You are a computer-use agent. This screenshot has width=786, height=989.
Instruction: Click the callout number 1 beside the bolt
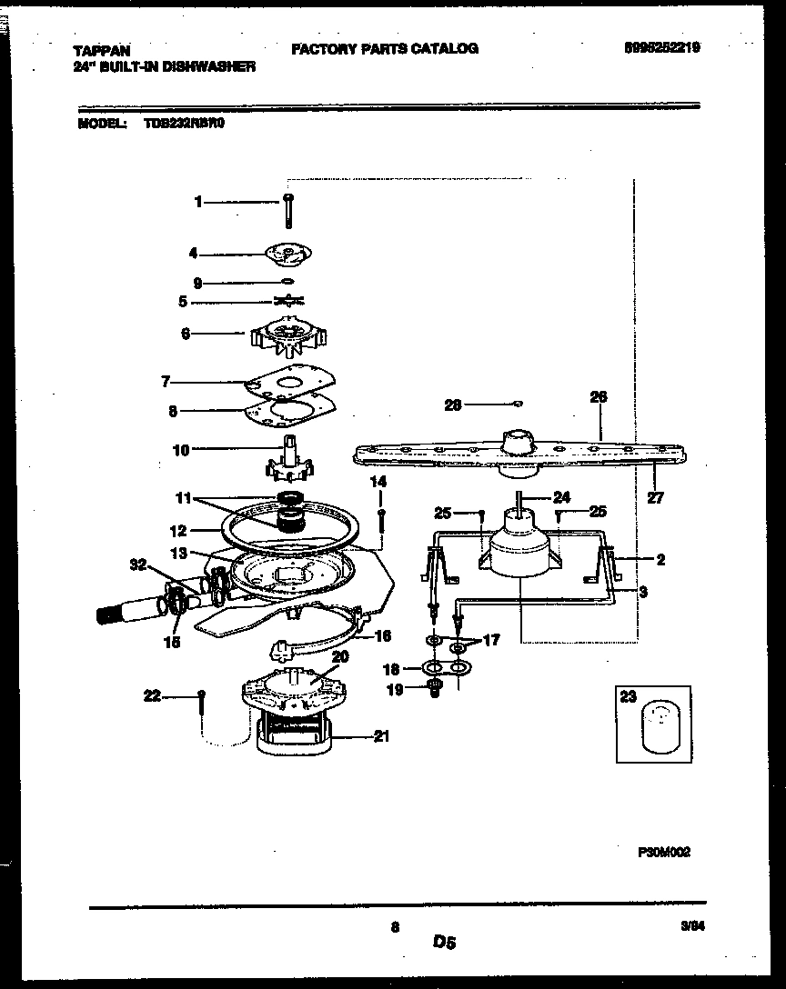(198, 203)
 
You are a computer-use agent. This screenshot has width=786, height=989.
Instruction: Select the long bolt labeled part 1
(288, 212)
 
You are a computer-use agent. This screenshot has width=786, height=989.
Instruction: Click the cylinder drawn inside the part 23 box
(660, 728)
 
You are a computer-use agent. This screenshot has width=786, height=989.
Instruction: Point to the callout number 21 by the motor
(381, 736)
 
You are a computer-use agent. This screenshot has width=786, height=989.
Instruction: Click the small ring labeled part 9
(287, 282)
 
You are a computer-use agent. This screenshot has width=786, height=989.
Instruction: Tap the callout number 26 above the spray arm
(598, 397)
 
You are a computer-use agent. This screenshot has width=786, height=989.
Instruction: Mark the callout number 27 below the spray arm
(656, 497)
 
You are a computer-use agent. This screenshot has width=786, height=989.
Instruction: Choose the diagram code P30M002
(664, 852)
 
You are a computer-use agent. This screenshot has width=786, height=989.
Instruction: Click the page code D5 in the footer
(444, 944)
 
